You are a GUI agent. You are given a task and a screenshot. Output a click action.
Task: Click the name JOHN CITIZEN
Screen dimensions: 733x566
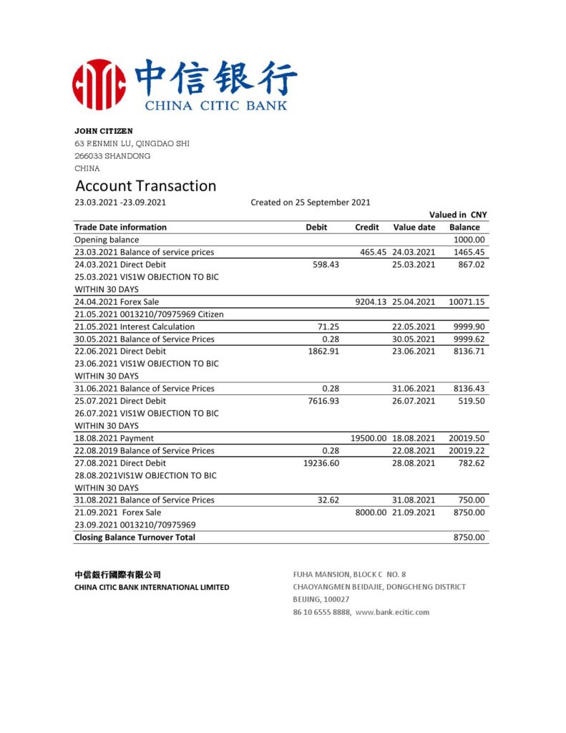tap(104, 131)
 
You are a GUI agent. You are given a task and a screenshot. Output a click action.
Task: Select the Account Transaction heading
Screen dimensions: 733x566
tap(146, 186)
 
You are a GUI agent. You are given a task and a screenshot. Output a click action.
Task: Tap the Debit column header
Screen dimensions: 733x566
tap(316, 227)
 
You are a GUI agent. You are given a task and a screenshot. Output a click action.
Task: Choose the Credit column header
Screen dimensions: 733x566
tap(366, 227)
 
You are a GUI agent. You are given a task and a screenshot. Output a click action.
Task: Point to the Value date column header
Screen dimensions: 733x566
tap(414, 227)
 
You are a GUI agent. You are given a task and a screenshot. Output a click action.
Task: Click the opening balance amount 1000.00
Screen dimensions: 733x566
tap(469, 240)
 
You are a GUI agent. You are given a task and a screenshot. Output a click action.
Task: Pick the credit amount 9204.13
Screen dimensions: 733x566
tap(371, 302)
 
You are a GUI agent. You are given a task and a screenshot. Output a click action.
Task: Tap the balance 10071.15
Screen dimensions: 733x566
tap(467, 302)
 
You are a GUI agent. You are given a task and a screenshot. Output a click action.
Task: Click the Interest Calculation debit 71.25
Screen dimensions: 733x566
tap(328, 326)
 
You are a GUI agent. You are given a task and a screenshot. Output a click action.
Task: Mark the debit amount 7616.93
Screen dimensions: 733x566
tap(322, 401)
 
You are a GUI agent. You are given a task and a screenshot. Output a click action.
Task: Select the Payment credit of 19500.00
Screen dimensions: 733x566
tap(369, 438)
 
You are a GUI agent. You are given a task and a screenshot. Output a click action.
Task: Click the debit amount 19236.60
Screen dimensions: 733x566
tap(321, 463)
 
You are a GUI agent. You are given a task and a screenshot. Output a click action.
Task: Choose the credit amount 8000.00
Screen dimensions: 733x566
tap(371, 513)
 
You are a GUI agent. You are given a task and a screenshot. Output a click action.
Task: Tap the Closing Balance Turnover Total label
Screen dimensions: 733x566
tap(135, 537)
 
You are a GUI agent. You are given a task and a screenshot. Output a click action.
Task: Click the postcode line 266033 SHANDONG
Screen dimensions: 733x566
tap(112, 156)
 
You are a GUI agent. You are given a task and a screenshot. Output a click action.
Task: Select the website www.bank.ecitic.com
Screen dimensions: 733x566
tap(392, 612)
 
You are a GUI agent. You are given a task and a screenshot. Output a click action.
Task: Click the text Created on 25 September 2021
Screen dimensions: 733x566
tap(310, 203)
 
